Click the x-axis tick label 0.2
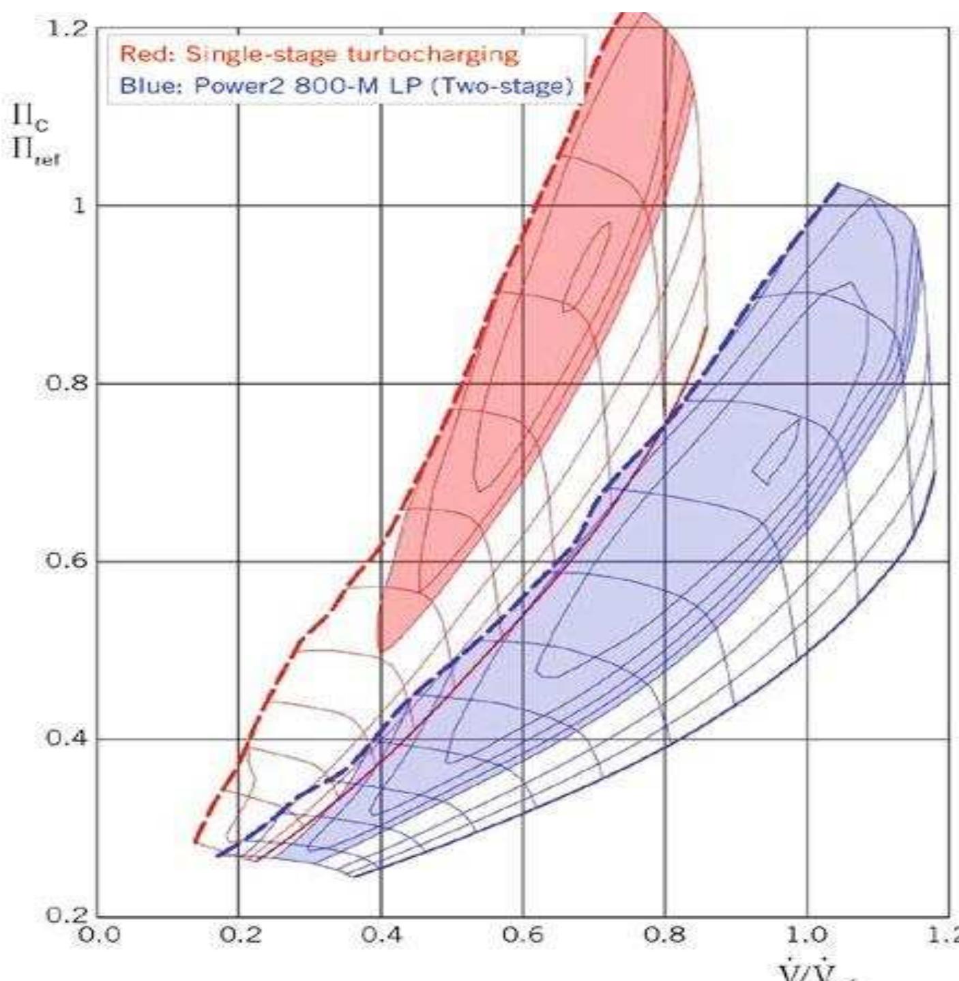(x=239, y=935)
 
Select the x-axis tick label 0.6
(x=523, y=935)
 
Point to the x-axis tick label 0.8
(x=665, y=935)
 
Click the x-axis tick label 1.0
(x=807, y=935)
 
